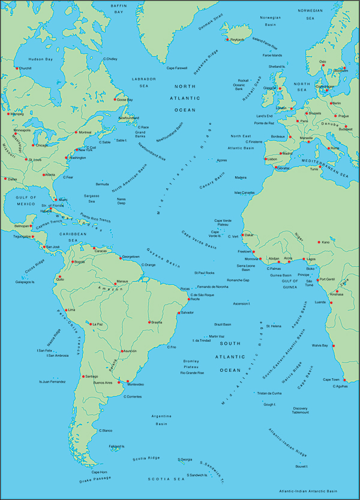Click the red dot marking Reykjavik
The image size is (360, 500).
pyautogui.click(x=232, y=40)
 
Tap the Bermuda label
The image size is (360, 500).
pyautogui.click(x=103, y=183)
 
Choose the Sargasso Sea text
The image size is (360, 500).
pyautogui.click(x=91, y=199)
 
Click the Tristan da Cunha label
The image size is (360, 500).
pyautogui.click(x=269, y=393)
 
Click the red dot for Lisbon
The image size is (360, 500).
pyautogui.click(x=265, y=159)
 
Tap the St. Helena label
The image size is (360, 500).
pyautogui.click(x=273, y=326)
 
